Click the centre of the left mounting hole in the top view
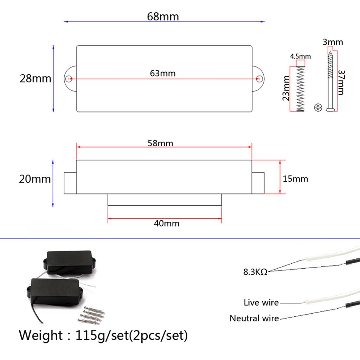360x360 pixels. (69, 79)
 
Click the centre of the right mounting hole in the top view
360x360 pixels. (259, 79)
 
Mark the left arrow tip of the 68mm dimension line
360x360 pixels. (64, 21)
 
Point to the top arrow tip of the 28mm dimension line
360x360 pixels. (53, 45)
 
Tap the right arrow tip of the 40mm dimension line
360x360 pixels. (221, 219)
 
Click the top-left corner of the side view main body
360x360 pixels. (76, 160)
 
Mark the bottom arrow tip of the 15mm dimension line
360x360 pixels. (280, 194)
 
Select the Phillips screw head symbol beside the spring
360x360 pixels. (318, 108)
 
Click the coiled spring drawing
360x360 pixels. (300, 89)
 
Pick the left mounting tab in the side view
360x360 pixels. (70, 183)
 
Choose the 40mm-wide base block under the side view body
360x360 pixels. (165, 200)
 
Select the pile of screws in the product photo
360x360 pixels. (91, 315)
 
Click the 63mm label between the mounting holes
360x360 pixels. (163, 73)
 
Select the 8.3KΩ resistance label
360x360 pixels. (255, 272)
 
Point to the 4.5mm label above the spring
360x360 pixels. (300, 56)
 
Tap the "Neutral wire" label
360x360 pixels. (254, 318)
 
